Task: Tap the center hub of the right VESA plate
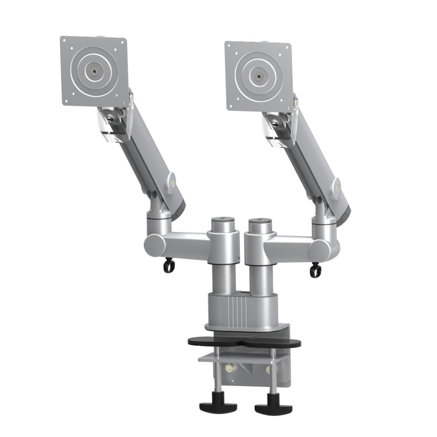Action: click(258, 76)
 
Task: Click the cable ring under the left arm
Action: click(167, 266)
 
